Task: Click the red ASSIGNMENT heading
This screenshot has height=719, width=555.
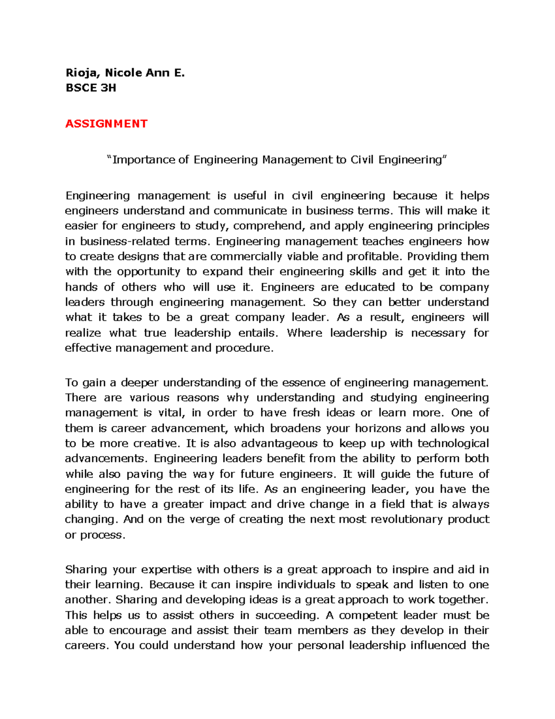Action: [106, 124]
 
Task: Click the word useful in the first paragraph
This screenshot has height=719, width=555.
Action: [250, 196]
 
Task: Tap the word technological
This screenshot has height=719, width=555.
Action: [453, 444]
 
